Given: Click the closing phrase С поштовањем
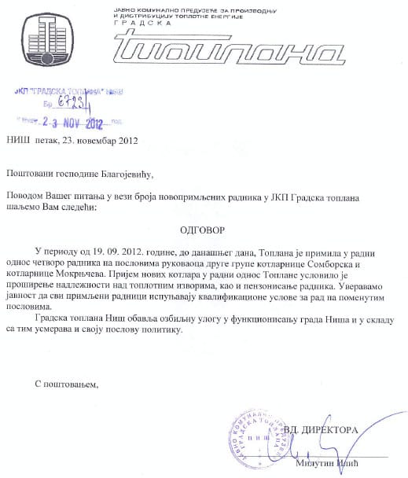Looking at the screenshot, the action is click(68, 383).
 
